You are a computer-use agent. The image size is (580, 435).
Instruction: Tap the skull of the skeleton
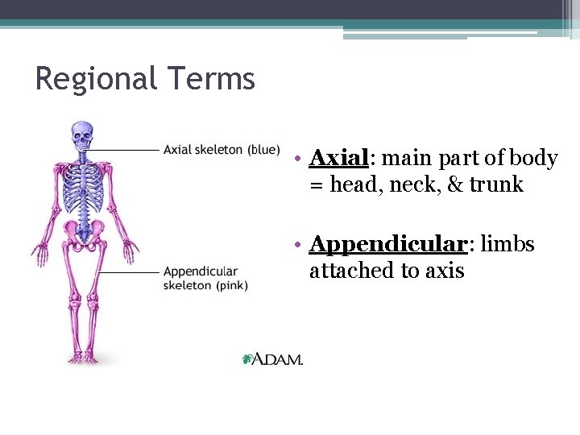point(81,136)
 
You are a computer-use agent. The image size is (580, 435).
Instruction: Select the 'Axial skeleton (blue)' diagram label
point(222,150)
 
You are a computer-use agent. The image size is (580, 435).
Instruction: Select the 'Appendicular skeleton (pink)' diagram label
point(205,279)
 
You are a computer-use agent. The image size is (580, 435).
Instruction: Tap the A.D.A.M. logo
point(273,359)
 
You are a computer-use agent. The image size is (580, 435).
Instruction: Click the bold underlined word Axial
point(338,158)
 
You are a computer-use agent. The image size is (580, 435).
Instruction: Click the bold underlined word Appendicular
point(387,244)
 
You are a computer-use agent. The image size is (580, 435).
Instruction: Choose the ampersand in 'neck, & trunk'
point(455,184)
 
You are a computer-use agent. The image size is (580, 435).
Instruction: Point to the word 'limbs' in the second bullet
point(507,244)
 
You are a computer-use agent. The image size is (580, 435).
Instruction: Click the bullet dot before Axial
point(298,159)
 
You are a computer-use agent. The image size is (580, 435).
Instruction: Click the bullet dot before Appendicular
point(298,245)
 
